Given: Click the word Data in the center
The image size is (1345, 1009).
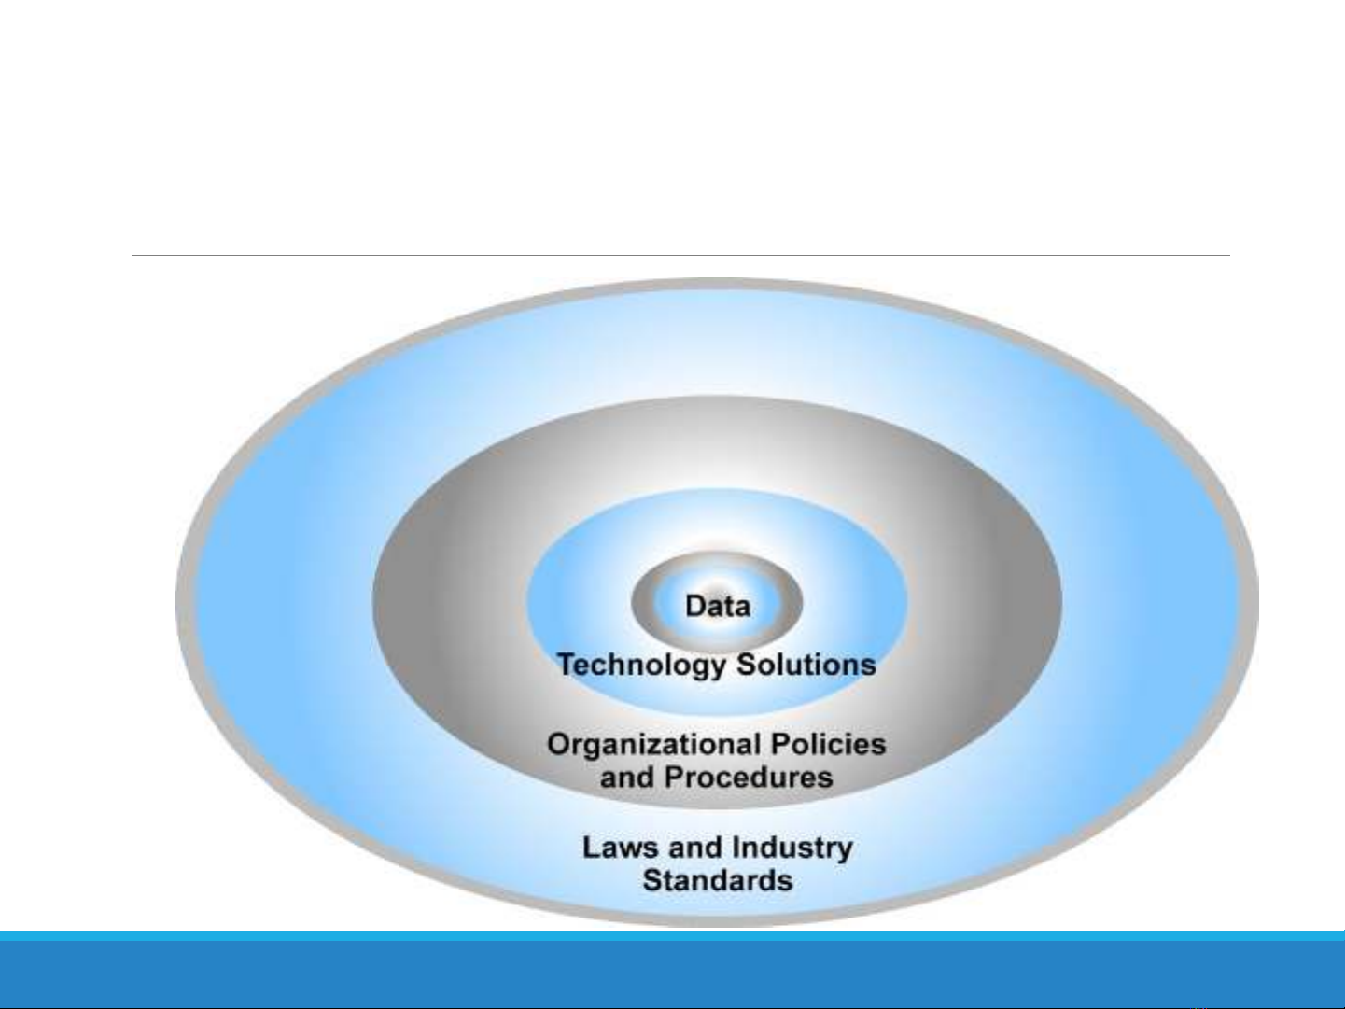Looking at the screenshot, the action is (718, 606).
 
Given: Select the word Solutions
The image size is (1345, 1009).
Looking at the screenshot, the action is (806, 664).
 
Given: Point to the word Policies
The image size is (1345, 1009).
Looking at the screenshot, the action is (829, 744).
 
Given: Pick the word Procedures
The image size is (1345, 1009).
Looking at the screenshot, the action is (749, 777).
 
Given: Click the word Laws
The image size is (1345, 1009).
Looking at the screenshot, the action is (621, 848).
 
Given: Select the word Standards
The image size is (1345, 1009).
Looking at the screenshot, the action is (718, 880).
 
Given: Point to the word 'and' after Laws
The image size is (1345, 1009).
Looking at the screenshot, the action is (695, 848).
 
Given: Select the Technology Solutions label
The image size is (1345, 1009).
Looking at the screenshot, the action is (716, 666).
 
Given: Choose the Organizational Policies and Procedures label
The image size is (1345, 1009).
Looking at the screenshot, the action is (717, 761).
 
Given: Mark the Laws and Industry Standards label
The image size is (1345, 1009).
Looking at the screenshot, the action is (718, 863).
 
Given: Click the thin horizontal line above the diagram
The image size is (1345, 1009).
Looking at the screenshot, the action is (680, 255).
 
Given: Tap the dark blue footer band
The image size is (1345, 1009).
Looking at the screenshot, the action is (672, 974).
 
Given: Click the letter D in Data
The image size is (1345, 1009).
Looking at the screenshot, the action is (695, 606).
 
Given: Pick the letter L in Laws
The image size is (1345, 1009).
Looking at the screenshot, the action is (591, 848).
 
